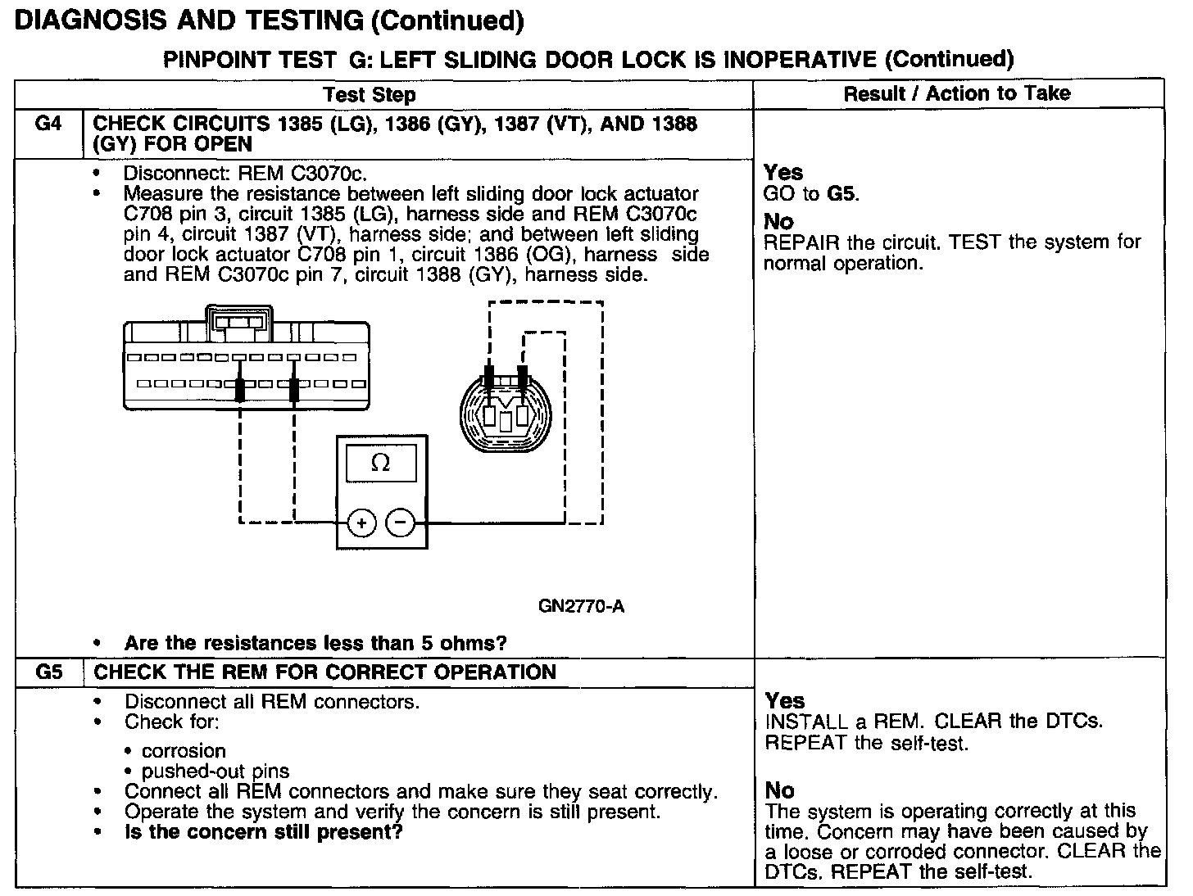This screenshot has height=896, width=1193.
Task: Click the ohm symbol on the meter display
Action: pos(380,464)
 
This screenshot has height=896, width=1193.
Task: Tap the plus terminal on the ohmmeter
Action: pos(362,523)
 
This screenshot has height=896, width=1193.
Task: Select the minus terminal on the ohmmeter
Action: pos(400,523)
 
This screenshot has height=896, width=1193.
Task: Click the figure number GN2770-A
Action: pos(582,607)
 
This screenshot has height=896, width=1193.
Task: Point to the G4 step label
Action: pos(48,124)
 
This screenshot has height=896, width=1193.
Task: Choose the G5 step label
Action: pos(49,672)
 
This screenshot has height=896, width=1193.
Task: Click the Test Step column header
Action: pos(370,95)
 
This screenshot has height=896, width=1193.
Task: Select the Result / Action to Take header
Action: pos(957,93)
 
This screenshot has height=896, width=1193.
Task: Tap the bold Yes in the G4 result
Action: pos(783,172)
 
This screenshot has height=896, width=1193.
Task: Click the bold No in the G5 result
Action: pos(780,790)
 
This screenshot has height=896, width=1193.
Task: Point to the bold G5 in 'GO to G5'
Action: pos(842,194)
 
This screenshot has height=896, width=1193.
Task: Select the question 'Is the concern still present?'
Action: pos(263,833)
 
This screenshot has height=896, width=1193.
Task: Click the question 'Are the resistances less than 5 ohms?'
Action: pos(315,643)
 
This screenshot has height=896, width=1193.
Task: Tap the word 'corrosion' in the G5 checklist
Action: pos(184,751)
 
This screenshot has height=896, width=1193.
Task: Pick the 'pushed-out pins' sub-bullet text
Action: pos(215,772)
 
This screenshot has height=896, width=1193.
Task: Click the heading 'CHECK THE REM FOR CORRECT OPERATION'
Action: pos(325,672)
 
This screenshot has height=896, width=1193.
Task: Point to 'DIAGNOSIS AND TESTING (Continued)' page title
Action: pos(270,20)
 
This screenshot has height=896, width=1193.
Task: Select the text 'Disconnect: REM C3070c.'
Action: pos(245,174)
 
